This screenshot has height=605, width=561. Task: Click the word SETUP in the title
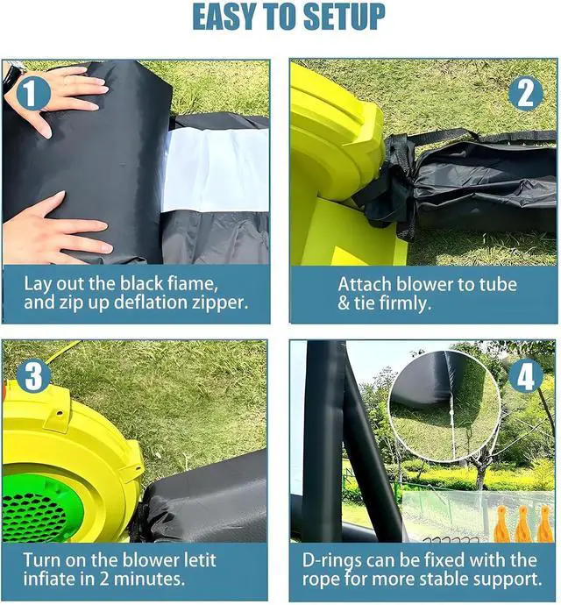point(344,17)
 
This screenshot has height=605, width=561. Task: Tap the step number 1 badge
point(32,93)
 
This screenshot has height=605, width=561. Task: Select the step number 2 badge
point(526,94)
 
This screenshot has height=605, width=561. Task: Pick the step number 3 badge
point(33,375)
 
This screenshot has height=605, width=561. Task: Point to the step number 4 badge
point(526,375)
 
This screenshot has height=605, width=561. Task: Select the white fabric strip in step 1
point(216,170)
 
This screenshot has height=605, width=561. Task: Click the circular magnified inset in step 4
point(444,406)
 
